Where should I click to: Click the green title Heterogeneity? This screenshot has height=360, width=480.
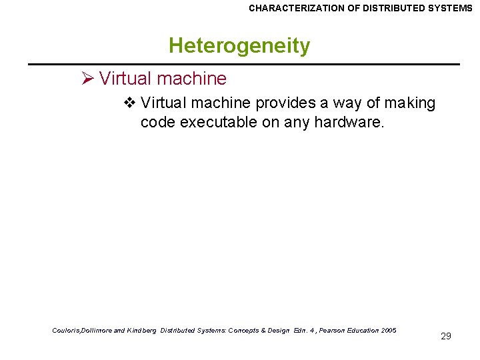coord(239,46)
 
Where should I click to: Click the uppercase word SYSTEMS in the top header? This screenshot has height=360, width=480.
coord(452,9)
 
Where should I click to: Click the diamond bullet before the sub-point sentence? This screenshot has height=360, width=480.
coord(131,103)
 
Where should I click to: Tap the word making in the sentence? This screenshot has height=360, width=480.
coord(410,103)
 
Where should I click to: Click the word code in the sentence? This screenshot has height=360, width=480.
coord(157,123)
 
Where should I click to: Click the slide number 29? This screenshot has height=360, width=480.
coord(446,336)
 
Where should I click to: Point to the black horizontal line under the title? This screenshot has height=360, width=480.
coord(243,64)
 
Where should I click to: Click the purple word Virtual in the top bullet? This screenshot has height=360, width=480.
coord(125,79)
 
